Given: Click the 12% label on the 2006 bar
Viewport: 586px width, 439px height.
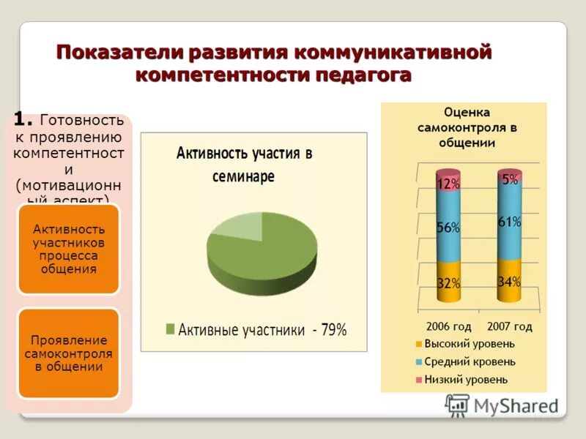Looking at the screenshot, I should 448,184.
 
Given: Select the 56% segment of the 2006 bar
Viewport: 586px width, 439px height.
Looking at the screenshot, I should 448,228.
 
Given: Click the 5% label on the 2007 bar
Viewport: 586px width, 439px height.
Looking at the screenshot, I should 510,179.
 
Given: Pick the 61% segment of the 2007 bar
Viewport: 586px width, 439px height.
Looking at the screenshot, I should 509,222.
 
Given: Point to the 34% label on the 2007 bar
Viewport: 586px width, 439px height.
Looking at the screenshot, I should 509,282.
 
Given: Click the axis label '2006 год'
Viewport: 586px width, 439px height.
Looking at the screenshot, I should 448,326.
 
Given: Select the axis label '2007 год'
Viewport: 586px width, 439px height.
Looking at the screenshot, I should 508,326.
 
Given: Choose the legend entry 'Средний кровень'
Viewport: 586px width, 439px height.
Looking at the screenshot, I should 470,361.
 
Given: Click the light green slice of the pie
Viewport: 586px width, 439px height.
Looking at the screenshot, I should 236,229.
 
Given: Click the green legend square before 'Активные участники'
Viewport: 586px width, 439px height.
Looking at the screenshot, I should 171,330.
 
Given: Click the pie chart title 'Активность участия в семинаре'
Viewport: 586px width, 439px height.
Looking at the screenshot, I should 244,165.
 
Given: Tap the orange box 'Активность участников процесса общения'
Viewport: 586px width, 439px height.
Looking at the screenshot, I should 68,249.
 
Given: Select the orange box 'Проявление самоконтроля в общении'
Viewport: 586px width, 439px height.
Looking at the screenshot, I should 68,353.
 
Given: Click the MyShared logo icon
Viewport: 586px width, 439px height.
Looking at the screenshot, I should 457,405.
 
